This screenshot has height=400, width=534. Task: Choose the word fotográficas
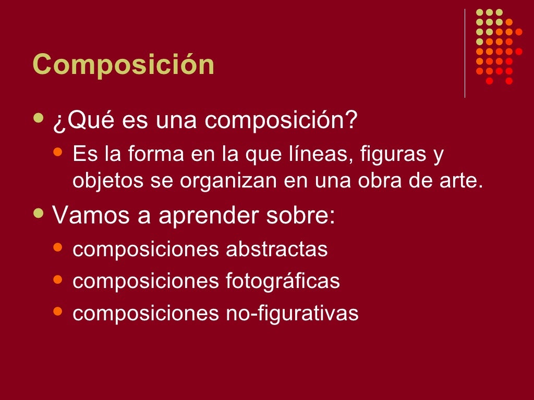283,281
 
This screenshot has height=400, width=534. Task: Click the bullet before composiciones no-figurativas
58,311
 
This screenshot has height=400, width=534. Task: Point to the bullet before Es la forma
58,153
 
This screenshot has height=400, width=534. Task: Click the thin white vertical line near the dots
465,53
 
